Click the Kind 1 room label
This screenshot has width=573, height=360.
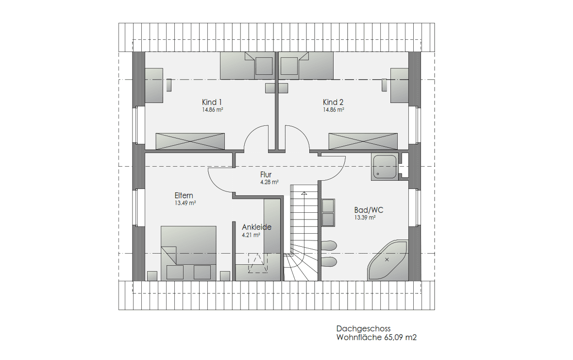coord(212,103)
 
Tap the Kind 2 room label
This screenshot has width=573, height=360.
coord(333,103)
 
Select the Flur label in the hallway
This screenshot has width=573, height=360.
coord(266,175)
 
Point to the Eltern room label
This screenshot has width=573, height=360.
coord(184,195)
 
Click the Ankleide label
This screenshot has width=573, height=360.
coord(256,227)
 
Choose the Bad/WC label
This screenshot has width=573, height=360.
coord(369,210)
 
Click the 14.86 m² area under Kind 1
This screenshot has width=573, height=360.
coord(213,110)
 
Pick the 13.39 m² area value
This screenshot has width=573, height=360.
coord(365,218)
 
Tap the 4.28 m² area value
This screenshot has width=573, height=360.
coord(270,182)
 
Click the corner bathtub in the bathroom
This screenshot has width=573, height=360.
coord(388,260)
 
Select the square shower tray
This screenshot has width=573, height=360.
coord(385,167)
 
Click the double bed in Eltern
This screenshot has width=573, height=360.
coord(188,253)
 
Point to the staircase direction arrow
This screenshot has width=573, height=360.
coord(304,193)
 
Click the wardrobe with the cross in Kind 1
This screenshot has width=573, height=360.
coord(190,141)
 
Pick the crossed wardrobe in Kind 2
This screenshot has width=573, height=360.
coord(363,141)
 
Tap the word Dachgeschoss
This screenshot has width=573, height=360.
coord(364,328)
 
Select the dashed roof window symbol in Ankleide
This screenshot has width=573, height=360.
coord(258,263)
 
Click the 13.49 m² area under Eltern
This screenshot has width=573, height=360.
coord(185,203)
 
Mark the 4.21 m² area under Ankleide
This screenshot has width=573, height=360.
coord(251,235)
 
